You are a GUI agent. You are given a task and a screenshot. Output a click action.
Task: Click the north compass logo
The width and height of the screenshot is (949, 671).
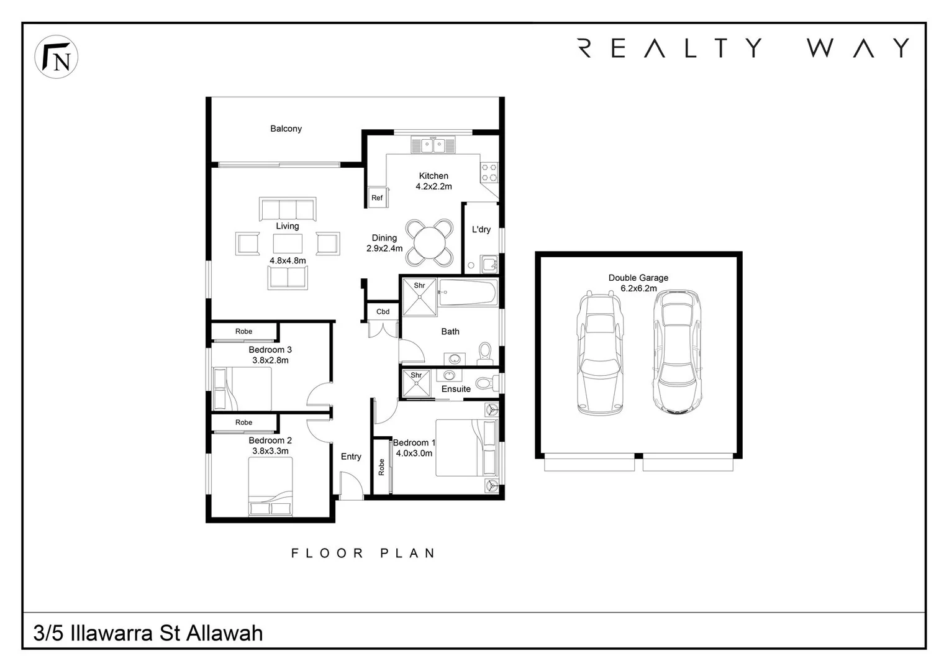pos(56,57)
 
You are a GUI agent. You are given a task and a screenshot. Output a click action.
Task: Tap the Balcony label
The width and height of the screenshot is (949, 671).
pos(286,129)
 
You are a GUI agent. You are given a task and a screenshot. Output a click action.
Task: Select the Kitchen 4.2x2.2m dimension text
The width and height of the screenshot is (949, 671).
pos(434,186)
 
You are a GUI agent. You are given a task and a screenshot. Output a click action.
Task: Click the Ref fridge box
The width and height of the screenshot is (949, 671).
pos(377,198)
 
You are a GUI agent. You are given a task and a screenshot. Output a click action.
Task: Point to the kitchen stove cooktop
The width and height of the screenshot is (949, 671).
pos(489,172)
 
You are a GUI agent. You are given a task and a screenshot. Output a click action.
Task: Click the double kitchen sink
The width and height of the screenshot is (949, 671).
pos(433,146)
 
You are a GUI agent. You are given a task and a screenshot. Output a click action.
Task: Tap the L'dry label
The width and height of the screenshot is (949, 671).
pos(481,229)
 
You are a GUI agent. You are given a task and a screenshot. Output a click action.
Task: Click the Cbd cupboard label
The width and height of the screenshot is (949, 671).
pos(383,311)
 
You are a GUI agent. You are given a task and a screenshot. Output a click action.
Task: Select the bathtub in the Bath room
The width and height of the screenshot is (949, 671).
pos(468,292)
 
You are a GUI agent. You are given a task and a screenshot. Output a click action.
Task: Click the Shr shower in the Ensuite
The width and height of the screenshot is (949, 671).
pos(416,383)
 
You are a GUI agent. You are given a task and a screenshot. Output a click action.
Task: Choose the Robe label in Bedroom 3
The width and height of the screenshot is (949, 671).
pos(243,331)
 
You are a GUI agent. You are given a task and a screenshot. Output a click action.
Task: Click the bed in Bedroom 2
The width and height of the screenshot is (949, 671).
pos(270,486)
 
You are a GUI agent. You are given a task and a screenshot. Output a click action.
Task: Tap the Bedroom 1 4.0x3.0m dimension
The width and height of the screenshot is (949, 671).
pos(414,454)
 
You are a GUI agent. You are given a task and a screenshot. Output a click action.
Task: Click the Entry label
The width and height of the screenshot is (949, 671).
pos(351,457)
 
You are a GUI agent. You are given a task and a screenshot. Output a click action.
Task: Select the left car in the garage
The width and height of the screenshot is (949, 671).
pos(599,352)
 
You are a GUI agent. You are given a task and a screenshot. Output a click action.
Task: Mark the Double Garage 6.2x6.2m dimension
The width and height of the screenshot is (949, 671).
pos(638,288)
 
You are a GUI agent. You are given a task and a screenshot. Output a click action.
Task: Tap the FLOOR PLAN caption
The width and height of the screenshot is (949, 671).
pos(363,553)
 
